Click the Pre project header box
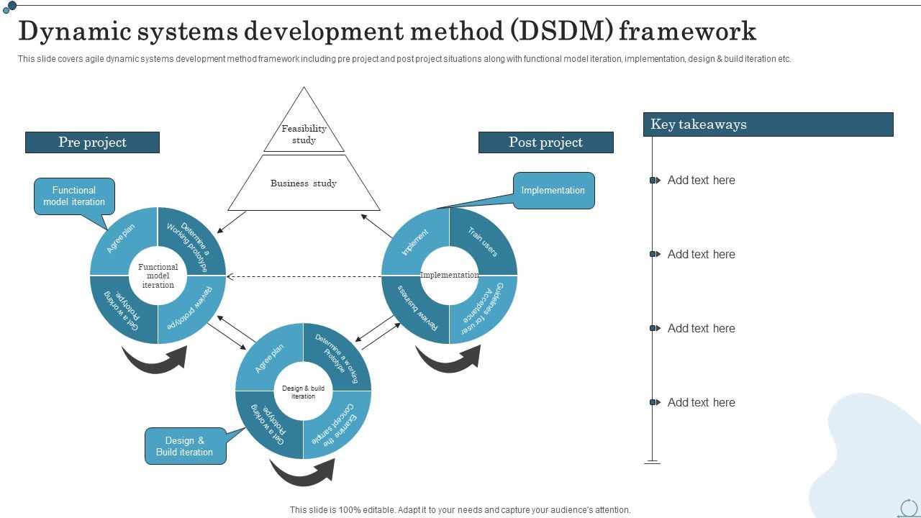[92, 142]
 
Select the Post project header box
[545, 142]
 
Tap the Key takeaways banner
[768, 124]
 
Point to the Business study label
[304, 183]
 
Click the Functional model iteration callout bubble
[74, 196]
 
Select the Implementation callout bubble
[553, 191]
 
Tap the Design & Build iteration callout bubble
[185, 446]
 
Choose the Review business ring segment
[414, 308]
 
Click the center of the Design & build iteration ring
[303, 392]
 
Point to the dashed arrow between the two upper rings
[302, 276]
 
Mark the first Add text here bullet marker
[653, 181]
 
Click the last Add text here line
[701, 403]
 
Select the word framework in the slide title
[688, 32]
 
